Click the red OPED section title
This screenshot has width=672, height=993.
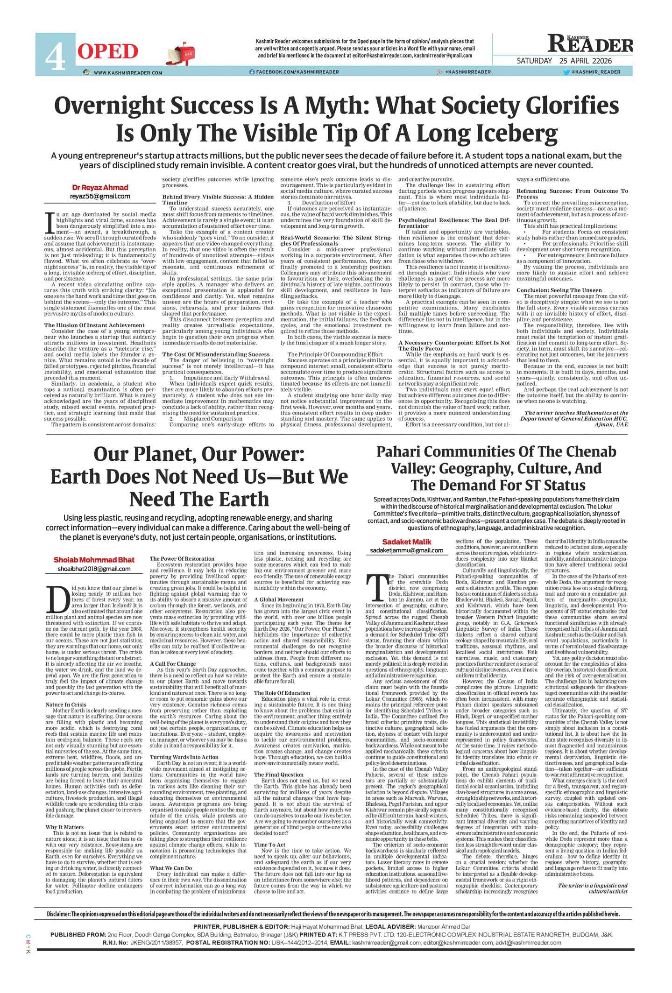pyautogui.click(x=108, y=52)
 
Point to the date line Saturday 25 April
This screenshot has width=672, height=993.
pyautogui.click(x=564, y=61)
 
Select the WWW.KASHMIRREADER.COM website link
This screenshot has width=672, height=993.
pyautogui.click(x=127, y=72)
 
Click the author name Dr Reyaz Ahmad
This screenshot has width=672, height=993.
pyautogui.click(x=100, y=188)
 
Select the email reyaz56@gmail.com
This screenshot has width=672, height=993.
pyautogui.click(x=100, y=197)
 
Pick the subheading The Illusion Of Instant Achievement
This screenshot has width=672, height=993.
pyautogui.click(x=94, y=325)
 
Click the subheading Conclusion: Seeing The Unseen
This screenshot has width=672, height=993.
pyautogui.click(x=559, y=290)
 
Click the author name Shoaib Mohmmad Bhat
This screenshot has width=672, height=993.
pyautogui.click(x=94, y=560)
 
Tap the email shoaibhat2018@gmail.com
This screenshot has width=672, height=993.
pyautogui.click(x=94, y=569)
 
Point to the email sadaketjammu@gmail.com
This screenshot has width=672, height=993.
pyautogui.click(x=407, y=550)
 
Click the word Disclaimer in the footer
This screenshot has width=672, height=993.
pyautogui.click(x=58, y=914)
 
